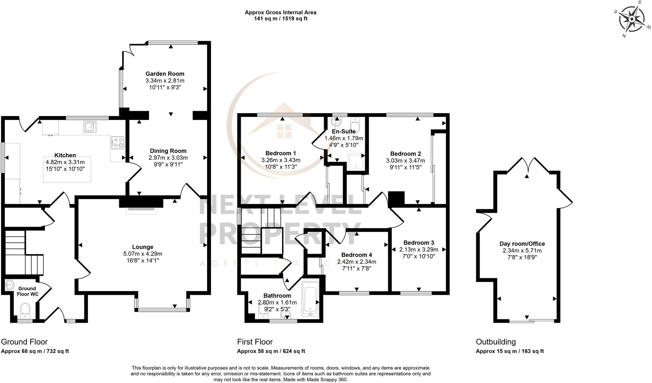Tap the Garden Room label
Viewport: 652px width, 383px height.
tap(165, 74)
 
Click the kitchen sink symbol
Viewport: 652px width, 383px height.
tap(90, 127)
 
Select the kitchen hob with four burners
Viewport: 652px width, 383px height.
tap(118, 142)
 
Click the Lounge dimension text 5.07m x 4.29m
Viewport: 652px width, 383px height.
tap(143, 254)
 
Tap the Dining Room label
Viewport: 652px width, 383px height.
tap(168, 151)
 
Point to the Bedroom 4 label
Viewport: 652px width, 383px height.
tap(357, 255)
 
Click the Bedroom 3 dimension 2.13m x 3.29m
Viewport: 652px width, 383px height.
tap(419, 250)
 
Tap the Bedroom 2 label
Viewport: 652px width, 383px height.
tap(405, 154)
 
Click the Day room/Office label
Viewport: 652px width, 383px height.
tap(522, 244)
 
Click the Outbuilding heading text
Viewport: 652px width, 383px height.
tap(495, 342)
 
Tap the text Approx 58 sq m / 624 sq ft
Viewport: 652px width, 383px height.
tap(271, 351)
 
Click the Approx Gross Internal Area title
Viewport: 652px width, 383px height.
tap(280, 12)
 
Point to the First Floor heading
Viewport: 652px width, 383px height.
tap(255, 342)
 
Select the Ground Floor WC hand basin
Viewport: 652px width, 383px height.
tap(10, 285)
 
